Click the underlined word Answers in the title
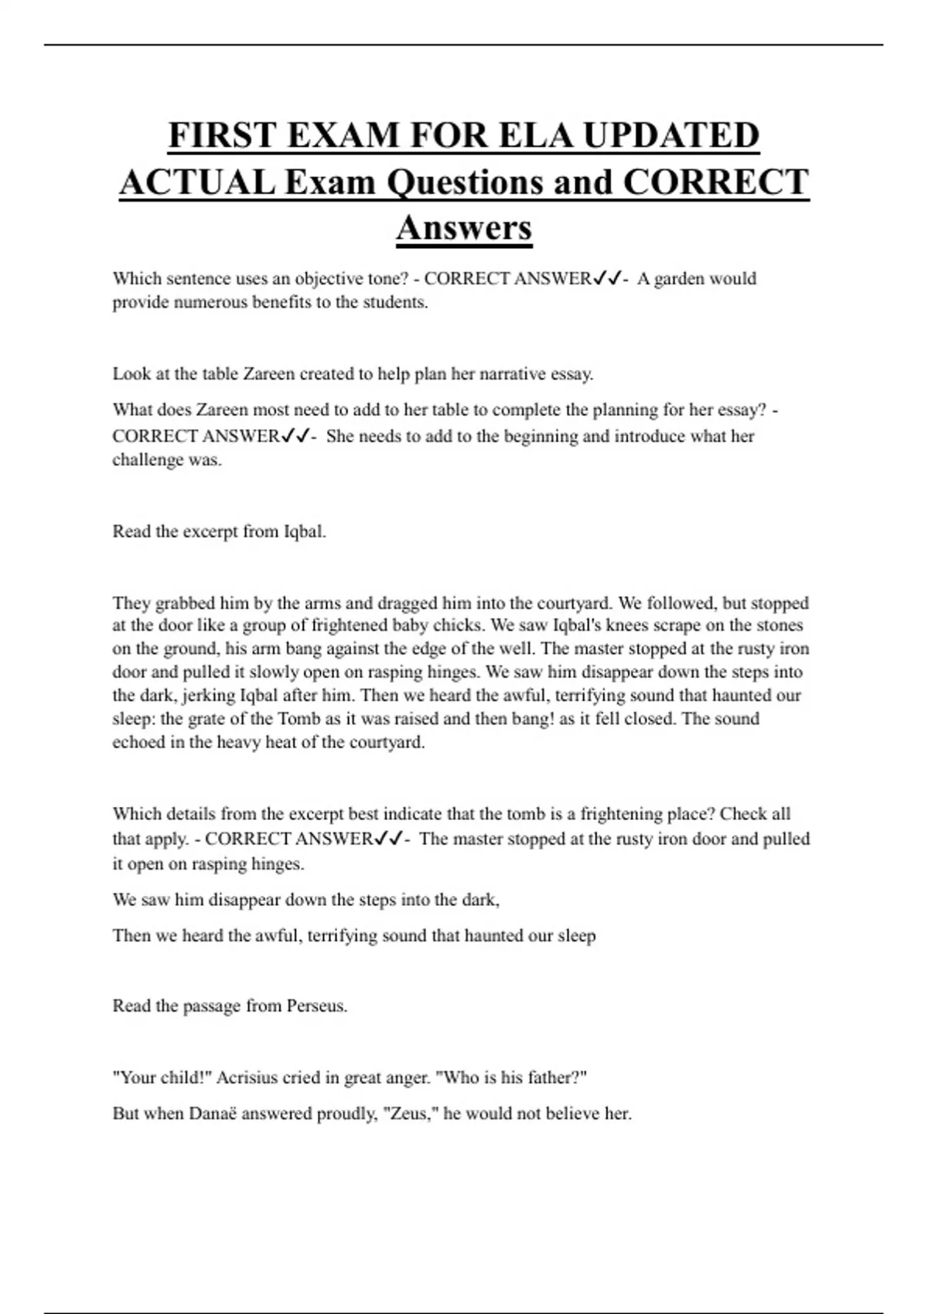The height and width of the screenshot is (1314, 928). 464,228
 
